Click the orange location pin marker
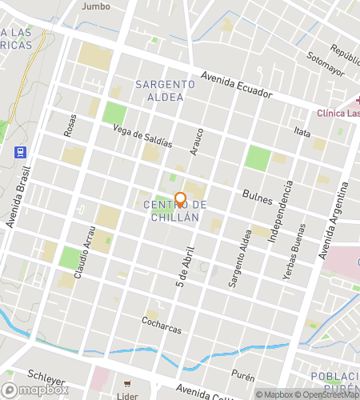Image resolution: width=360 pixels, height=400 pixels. [180, 199]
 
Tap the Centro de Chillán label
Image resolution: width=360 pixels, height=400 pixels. [175, 212]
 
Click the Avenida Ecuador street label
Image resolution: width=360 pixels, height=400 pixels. [238, 86]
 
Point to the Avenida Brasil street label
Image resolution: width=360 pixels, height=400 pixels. [20, 197]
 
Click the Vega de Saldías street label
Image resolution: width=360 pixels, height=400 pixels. [142, 136]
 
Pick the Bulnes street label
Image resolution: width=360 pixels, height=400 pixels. [258, 196]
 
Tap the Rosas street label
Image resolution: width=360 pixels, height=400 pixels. [70, 123]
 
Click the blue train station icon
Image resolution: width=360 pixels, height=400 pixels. [20, 151]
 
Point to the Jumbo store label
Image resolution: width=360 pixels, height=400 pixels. [95, 6]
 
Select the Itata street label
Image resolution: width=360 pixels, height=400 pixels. [302, 130]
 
